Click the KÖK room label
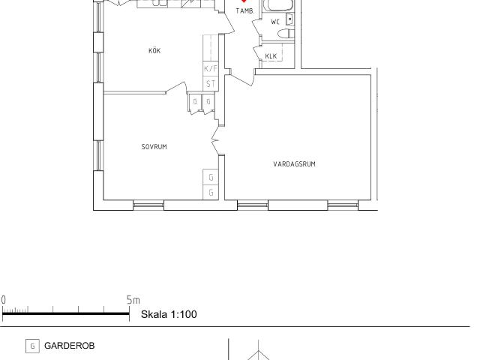click(x=154, y=51)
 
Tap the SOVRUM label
click(x=154, y=147)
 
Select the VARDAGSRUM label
click(x=294, y=164)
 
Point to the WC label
click(x=275, y=22)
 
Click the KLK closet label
click(x=271, y=56)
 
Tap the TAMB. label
click(x=245, y=11)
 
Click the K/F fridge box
click(x=211, y=68)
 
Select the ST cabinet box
click(x=211, y=83)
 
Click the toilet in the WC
click(x=286, y=33)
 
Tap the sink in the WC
click(x=289, y=19)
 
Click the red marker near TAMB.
click(x=244, y=1)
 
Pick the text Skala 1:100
click(x=169, y=314)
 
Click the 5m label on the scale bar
click(x=133, y=300)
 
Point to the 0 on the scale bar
click(x=3, y=300)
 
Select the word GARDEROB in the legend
click(x=70, y=346)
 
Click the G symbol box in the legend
click(x=32, y=346)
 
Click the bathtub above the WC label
click(x=280, y=5)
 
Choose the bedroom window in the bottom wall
click(x=148, y=205)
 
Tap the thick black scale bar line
click(x=66, y=313)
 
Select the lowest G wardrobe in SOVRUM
click(x=211, y=193)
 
